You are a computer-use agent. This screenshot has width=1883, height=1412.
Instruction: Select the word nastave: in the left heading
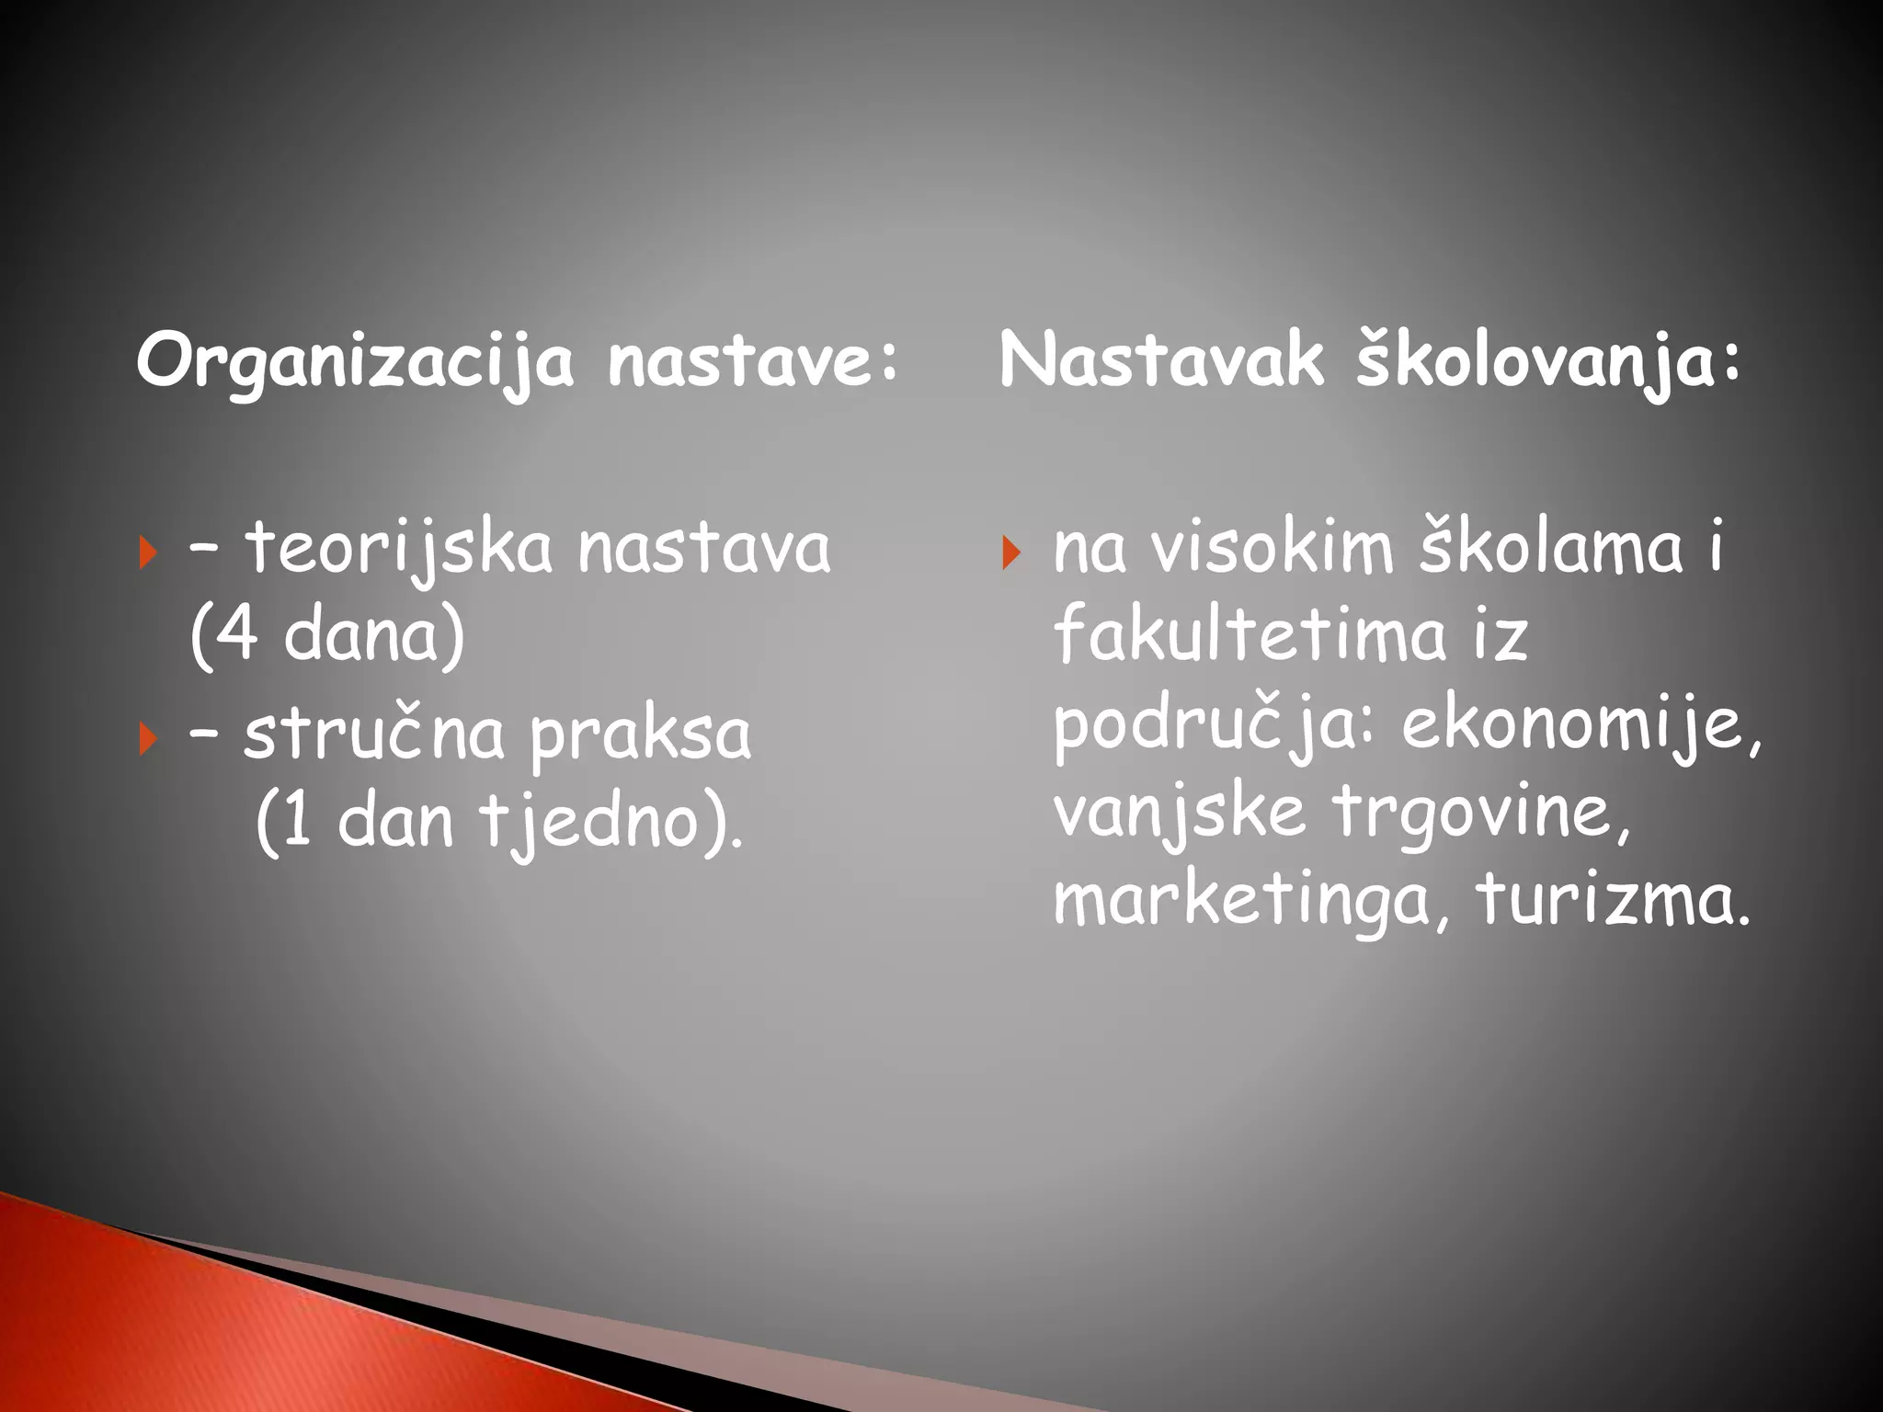coord(752,361)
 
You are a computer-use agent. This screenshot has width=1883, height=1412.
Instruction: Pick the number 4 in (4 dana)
coord(237,635)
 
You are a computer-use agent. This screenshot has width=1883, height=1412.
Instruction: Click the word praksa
coord(641,736)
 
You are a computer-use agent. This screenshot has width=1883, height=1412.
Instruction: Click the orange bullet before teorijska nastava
coord(147,553)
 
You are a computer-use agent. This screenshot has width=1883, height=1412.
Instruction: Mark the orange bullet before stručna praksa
coord(147,738)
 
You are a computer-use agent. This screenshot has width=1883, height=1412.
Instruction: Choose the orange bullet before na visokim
coord(1010,553)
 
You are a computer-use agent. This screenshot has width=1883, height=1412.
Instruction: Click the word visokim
coord(1272,549)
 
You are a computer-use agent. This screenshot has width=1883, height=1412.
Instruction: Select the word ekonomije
coord(1581,725)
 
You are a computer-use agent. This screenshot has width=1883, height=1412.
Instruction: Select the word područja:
coord(1214,725)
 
